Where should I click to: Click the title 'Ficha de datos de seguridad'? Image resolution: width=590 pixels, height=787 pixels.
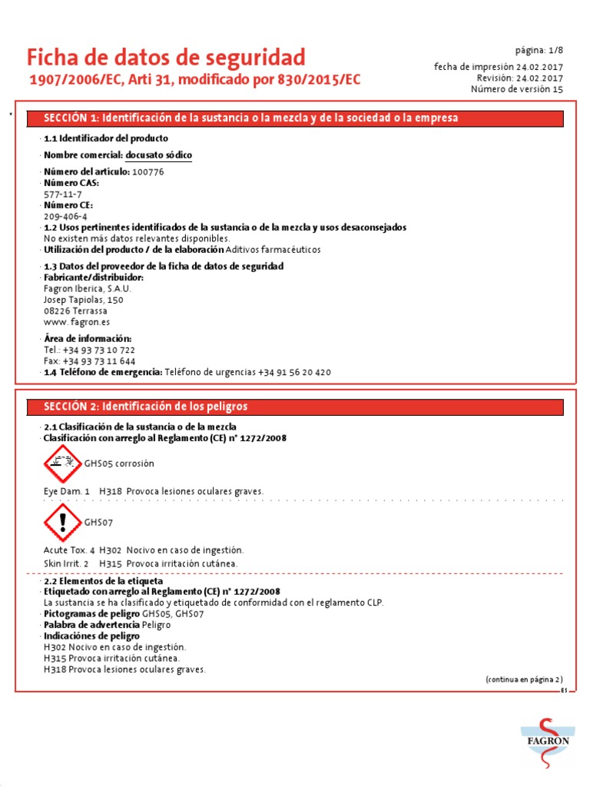coord(166,57)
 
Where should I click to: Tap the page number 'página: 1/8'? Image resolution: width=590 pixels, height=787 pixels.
coord(539,50)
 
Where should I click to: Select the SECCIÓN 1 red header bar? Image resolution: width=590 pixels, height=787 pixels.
coord(295,118)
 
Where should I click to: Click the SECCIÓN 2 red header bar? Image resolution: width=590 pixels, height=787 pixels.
coord(295,407)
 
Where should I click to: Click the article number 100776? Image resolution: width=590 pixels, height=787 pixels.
coord(147,172)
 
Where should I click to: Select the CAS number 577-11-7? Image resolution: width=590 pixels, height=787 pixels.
coord(61,194)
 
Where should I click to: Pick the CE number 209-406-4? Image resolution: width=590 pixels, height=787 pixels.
coord(65,217)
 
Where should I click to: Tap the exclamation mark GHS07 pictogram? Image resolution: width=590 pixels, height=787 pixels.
coord(62,523)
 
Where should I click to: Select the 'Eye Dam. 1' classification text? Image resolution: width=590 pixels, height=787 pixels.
coord(67,491)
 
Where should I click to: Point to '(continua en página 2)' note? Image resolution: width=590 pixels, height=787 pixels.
coord(523,679)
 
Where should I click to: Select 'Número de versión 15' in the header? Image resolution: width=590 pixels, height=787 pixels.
coord(516,89)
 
